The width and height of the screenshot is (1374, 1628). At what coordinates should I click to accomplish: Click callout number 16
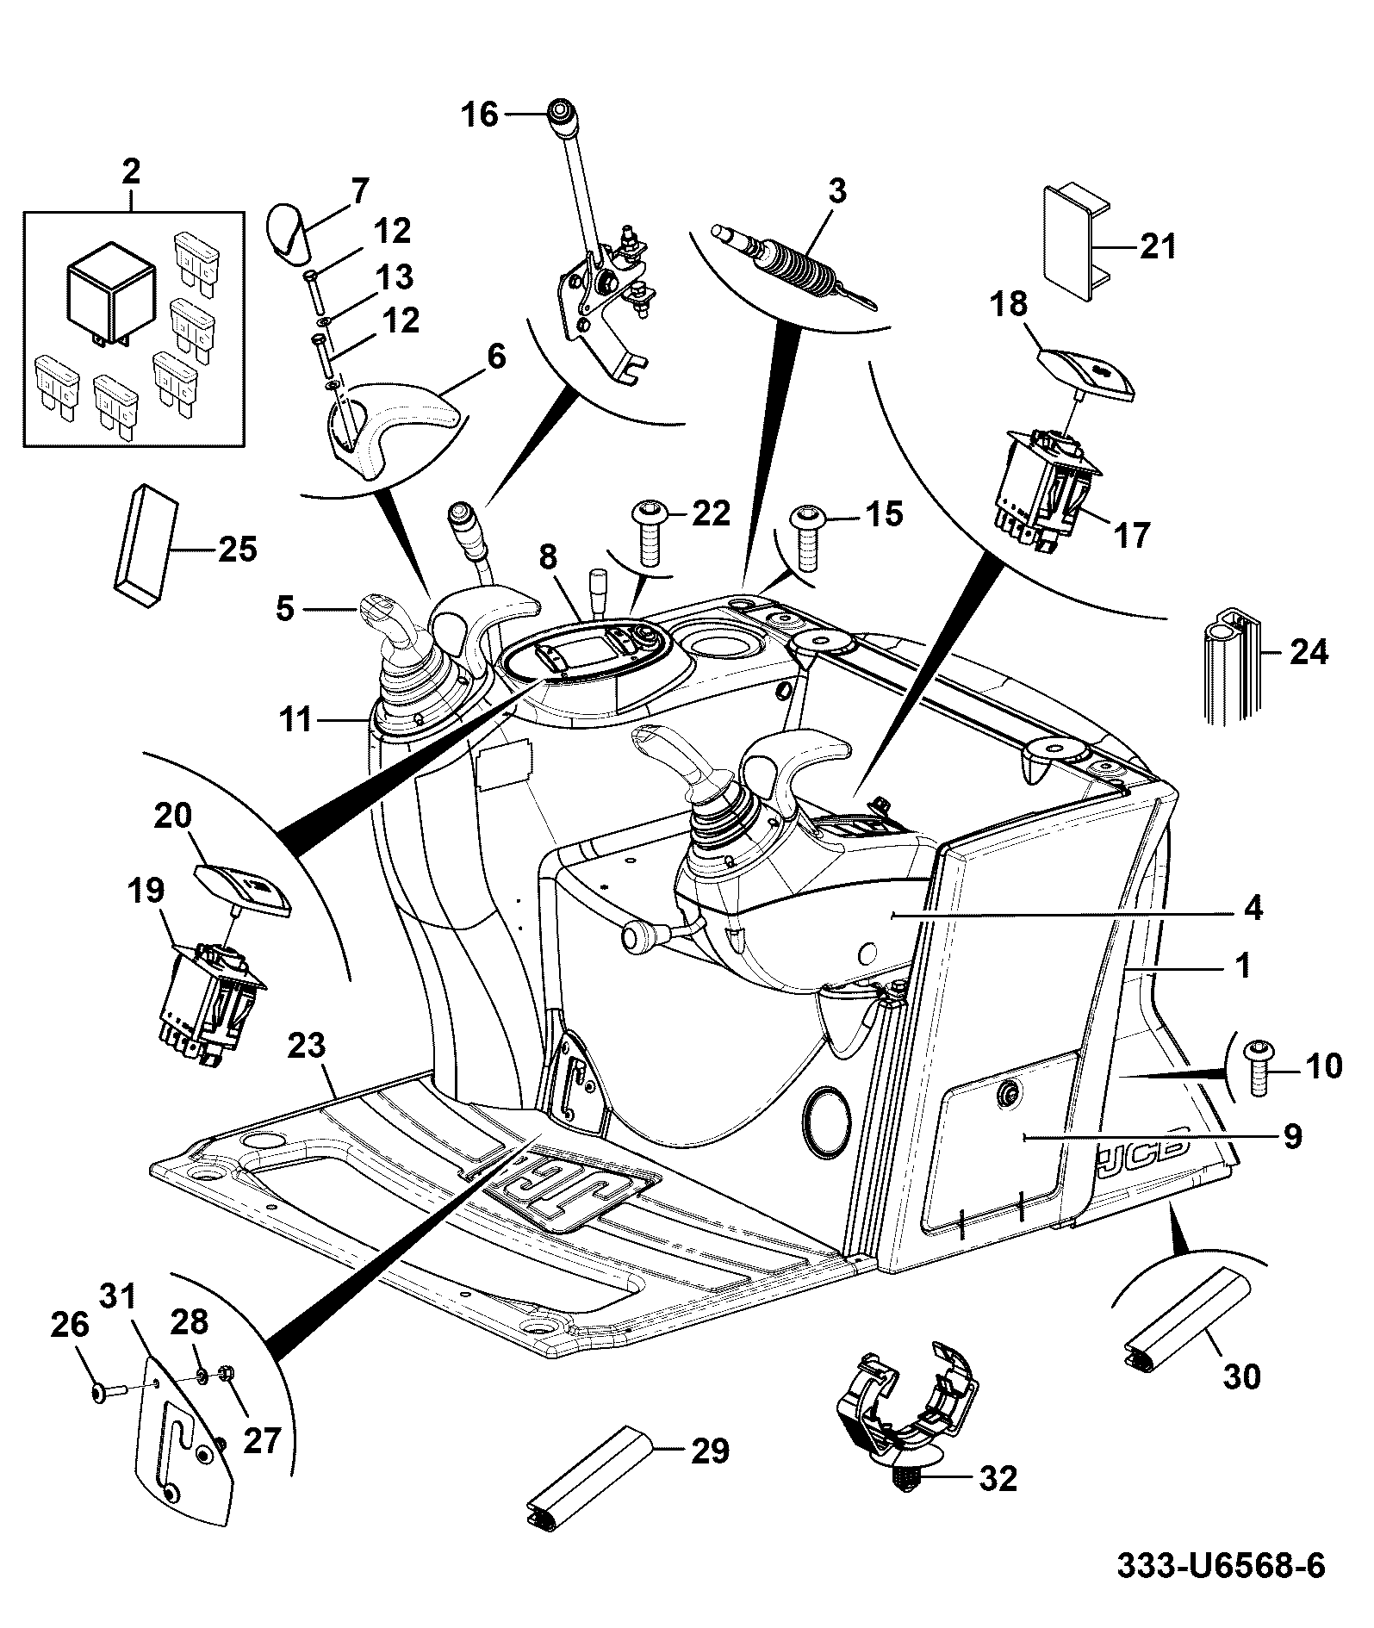click(x=480, y=114)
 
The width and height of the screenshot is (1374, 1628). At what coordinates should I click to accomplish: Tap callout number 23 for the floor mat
click(x=308, y=1047)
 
